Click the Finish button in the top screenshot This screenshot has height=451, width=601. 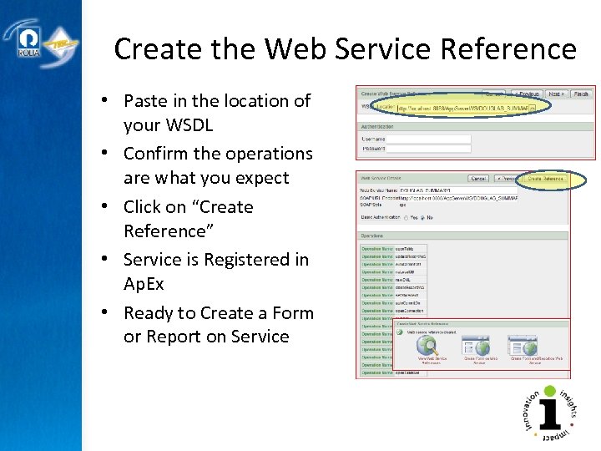(581, 94)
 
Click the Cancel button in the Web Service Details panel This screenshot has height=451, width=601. (478, 179)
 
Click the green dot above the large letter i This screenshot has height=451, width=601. (548, 391)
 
